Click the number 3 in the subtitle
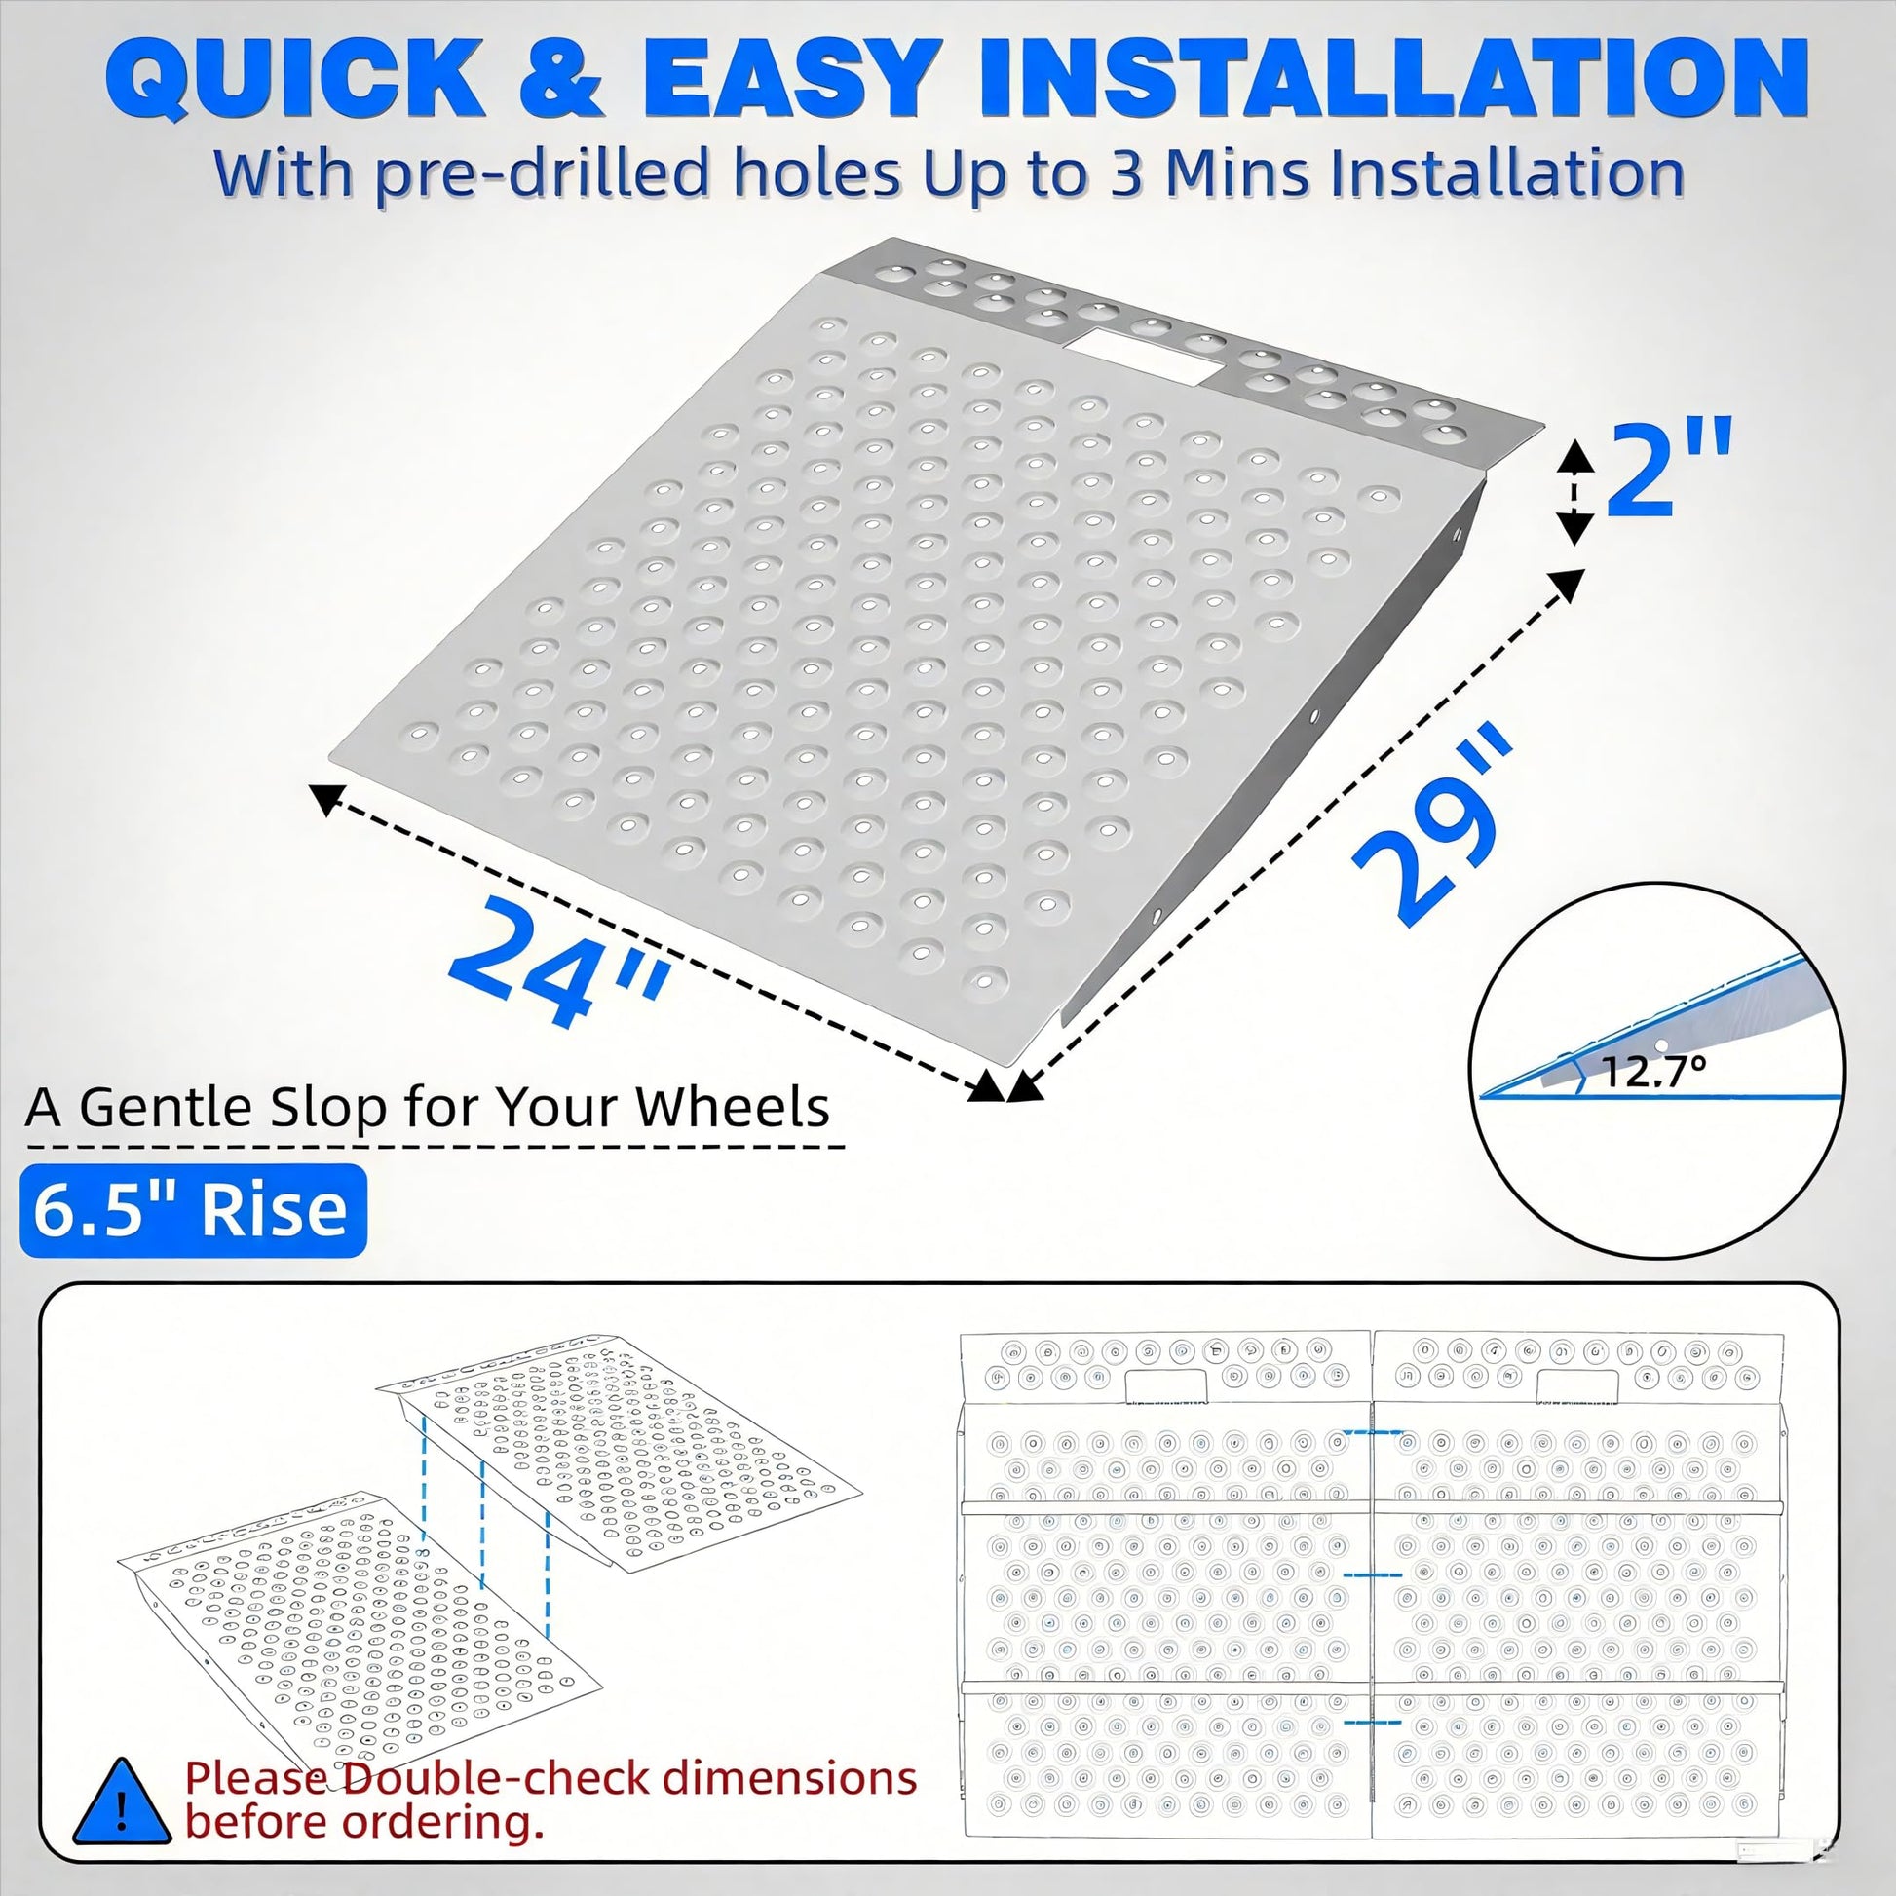[1127, 172]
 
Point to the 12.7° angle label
[1653, 1073]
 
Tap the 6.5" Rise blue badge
[192, 1210]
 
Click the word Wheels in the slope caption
[732, 1108]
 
